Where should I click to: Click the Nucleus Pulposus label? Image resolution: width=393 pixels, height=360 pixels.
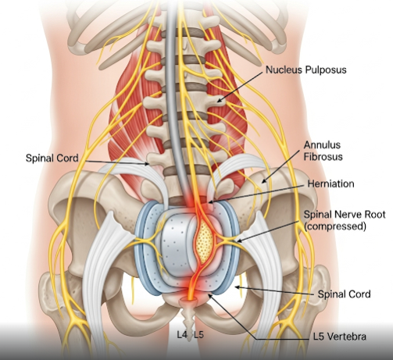(x=306, y=70)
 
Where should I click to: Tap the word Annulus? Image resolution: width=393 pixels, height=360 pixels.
(x=322, y=144)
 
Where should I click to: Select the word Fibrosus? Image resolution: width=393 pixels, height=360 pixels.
(x=323, y=157)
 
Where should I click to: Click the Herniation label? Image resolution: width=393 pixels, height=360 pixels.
(x=330, y=184)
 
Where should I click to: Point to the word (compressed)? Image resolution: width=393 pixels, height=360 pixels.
(x=335, y=226)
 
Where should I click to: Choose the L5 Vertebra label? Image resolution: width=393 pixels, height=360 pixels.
(x=340, y=337)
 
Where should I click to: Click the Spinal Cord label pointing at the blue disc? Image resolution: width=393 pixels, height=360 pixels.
(x=344, y=294)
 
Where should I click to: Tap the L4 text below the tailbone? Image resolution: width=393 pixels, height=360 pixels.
(x=182, y=334)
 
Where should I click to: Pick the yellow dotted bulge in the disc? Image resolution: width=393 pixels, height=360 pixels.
(x=205, y=243)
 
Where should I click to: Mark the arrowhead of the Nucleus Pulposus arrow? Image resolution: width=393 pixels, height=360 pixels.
(x=218, y=101)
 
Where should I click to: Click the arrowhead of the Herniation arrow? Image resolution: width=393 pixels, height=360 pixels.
(x=209, y=202)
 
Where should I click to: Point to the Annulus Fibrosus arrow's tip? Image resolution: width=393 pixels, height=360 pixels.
(x=263, y=182)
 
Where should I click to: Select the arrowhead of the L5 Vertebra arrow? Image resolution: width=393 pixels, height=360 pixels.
(x=209, y=294)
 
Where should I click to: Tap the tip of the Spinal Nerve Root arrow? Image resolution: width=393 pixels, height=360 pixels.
(x=237, y=241)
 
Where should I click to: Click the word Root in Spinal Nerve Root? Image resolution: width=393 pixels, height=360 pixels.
(x=375, y=214)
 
